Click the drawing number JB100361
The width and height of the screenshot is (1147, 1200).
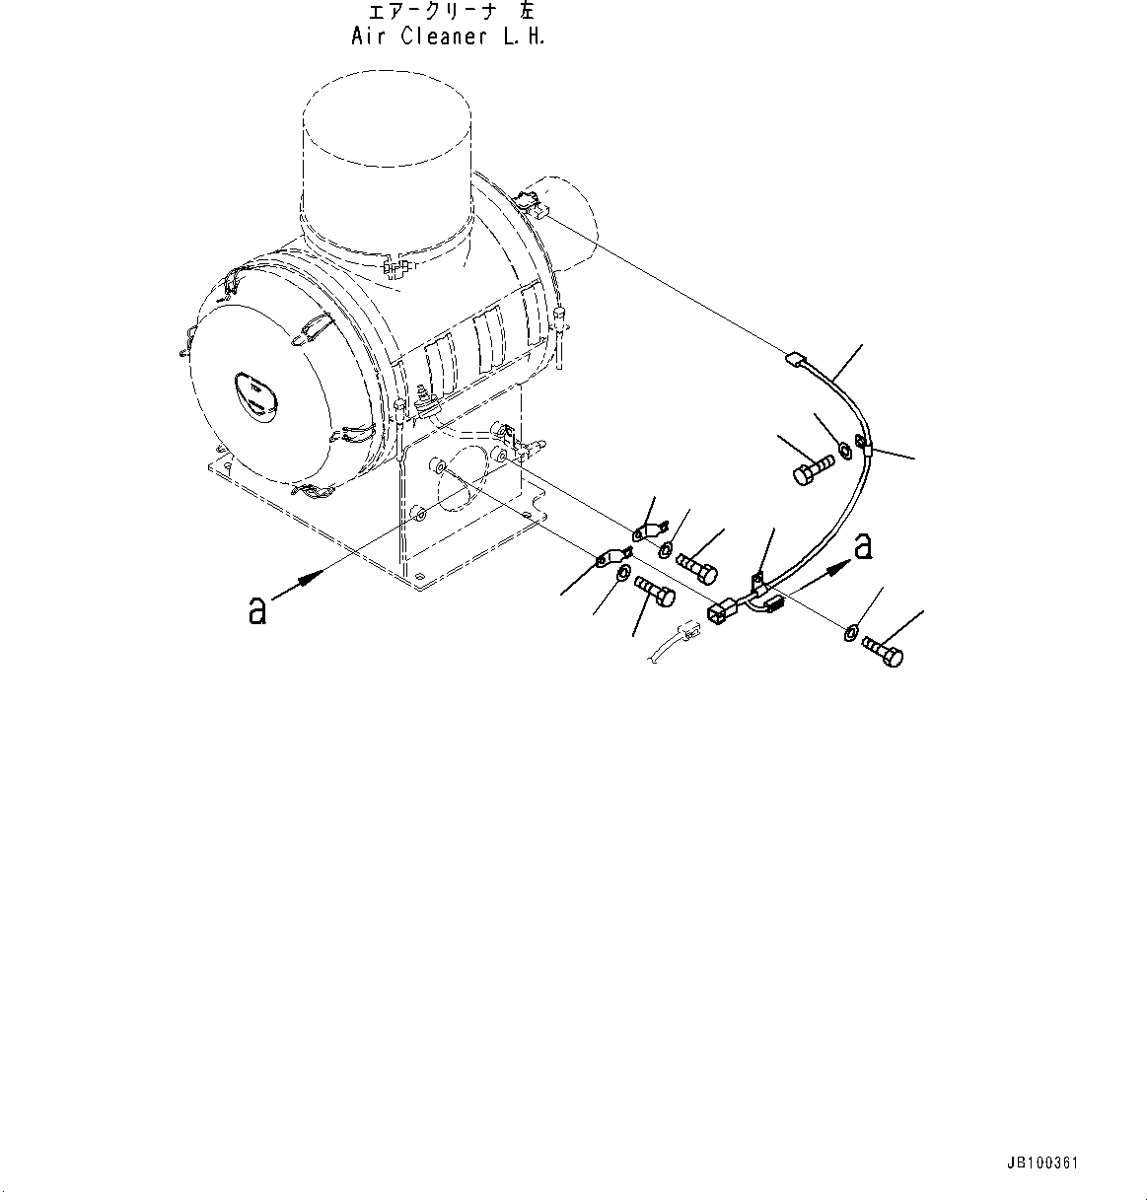1044,1164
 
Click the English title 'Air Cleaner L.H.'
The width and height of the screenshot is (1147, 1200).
447,36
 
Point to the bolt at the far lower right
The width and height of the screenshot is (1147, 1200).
883,652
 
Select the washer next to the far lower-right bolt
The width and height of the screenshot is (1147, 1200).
850,631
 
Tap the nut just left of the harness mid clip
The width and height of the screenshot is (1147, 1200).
845,451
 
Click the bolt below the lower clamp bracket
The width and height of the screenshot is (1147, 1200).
655,593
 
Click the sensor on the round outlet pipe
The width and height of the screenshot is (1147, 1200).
532,207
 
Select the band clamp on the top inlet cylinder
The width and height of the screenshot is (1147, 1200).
394,268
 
